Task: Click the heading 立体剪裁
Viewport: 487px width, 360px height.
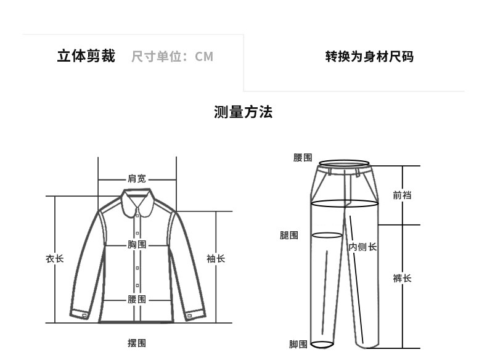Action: (x=86, y=57)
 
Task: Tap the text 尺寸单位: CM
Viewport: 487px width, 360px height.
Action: (x=172, y=57)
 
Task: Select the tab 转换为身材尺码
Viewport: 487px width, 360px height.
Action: (x=369, y=57)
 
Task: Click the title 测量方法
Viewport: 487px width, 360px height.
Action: (x=243, y=112)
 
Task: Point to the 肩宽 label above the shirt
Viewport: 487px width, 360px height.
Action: (x=137, y=179)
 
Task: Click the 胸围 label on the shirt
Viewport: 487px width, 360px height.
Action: (x=137, y=245)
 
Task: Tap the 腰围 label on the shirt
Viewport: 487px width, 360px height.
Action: (x=137, y=299)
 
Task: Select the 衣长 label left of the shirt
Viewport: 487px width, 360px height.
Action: (x=54, y=259)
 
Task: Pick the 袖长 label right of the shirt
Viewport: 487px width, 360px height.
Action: (x=216, y=259)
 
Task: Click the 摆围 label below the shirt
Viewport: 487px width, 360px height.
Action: (x=137, y=343)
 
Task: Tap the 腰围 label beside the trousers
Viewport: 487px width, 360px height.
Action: (x=303, y=158)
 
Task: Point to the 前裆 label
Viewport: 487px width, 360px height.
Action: (x=402, y=195)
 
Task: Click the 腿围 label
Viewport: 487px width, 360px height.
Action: (x=289, y=235)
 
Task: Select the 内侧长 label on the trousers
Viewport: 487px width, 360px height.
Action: (x=362, y=247)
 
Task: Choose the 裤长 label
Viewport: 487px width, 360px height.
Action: (x=402, y=279)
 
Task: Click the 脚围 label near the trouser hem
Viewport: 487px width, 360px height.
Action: (x=298, y=344)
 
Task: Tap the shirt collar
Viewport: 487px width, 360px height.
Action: (x=137, y=201)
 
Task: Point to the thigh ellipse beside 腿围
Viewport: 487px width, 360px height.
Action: (x=327, y=235)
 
